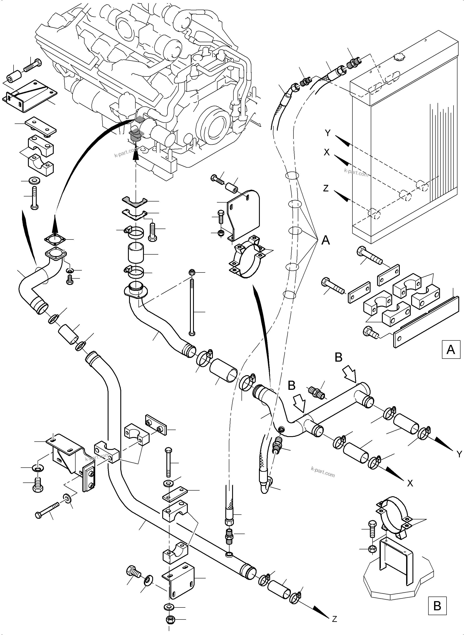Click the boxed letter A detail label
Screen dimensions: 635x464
[451, 350]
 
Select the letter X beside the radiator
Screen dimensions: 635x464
[327, 152]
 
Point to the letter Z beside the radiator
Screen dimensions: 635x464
[326, 188]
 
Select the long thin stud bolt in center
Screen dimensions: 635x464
[192, 305]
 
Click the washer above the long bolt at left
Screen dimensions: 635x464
[34, 180]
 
